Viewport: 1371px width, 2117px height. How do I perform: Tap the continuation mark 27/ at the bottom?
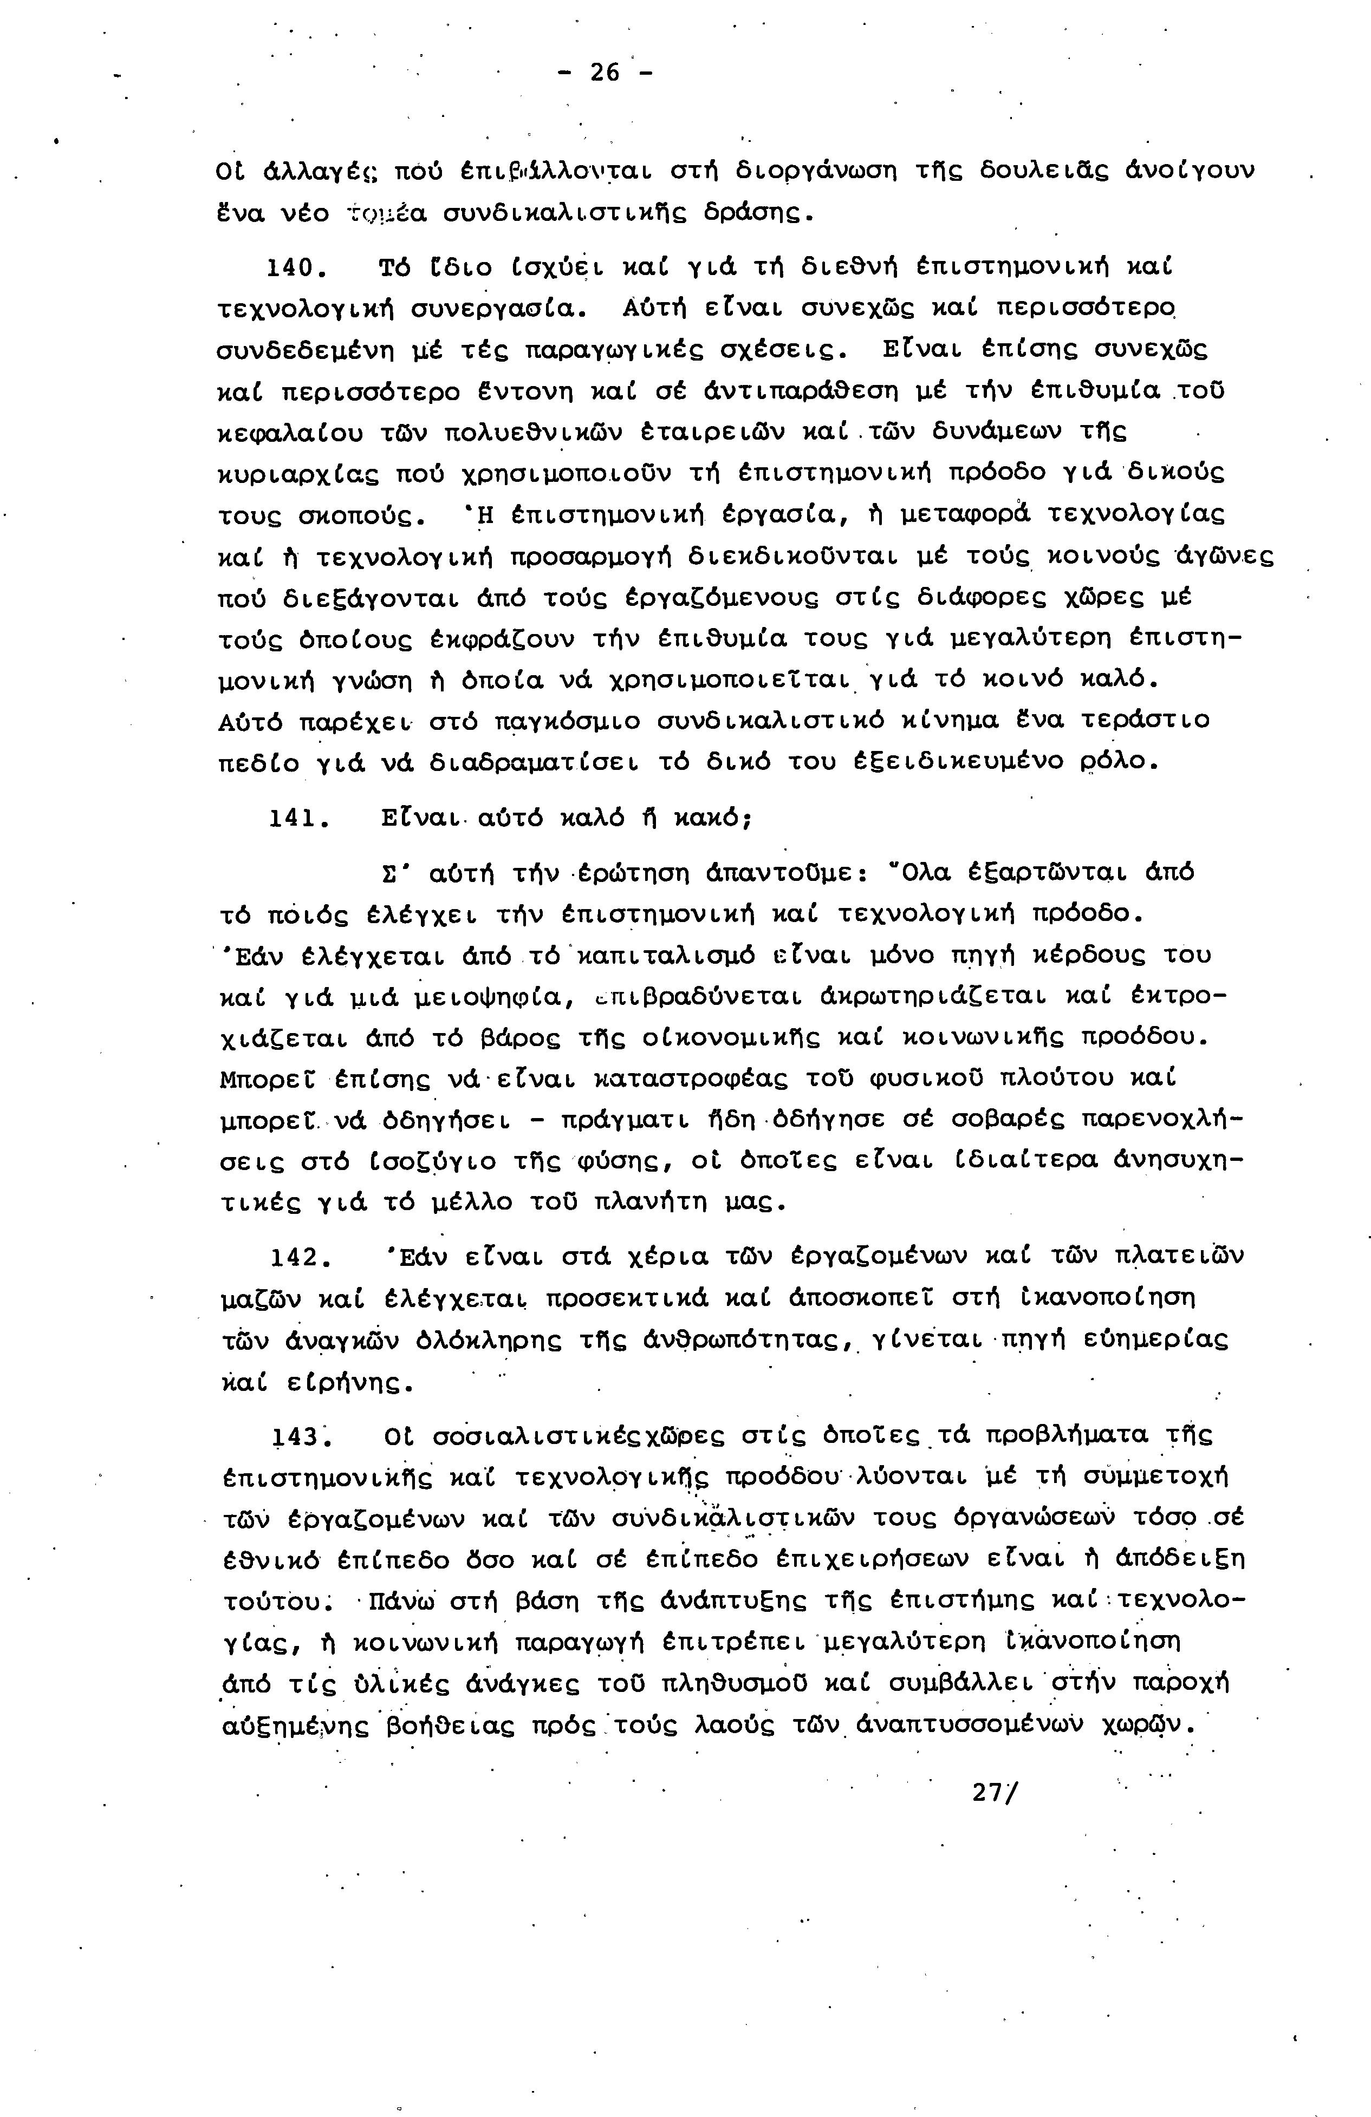point(997,1792)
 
